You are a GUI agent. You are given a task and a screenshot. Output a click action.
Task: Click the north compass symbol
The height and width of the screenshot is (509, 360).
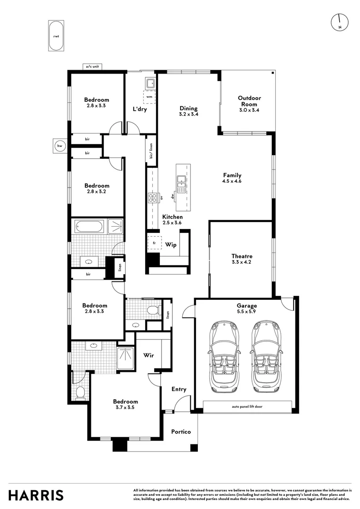(340, 22)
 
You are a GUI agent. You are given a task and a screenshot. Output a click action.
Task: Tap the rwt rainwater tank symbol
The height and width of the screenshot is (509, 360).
(56, 36)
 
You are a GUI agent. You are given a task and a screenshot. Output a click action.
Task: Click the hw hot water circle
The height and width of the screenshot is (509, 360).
(60, 146)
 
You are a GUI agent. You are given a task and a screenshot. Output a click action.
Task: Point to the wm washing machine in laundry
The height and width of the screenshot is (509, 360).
(149, 97)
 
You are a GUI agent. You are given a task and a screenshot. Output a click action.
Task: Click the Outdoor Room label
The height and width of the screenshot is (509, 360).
(249, 101)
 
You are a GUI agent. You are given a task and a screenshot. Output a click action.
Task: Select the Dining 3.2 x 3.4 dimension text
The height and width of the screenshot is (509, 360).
(188, 115)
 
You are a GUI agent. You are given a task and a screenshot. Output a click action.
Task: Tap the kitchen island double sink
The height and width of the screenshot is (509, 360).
(181, 179)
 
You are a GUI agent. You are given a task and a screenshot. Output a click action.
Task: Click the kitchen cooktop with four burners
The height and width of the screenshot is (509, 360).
(153, 198)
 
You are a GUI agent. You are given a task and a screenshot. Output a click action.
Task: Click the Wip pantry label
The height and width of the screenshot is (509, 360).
(171, 245)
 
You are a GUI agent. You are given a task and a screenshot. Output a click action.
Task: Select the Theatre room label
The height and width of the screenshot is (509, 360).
(242, 256)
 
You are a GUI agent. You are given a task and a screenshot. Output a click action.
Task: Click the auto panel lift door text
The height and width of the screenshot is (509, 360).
(247, 406)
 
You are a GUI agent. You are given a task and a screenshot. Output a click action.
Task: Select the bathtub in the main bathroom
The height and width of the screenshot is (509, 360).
(89, 227)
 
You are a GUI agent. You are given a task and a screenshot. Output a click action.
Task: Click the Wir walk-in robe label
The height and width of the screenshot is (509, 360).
(149, 356)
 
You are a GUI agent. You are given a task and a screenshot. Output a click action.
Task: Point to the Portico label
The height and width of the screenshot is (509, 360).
(180, 432)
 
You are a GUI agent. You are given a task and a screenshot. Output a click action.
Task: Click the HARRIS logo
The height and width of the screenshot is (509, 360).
(36, 495)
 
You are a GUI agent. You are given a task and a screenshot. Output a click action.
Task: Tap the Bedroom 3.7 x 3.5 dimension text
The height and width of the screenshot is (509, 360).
(125, 408)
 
